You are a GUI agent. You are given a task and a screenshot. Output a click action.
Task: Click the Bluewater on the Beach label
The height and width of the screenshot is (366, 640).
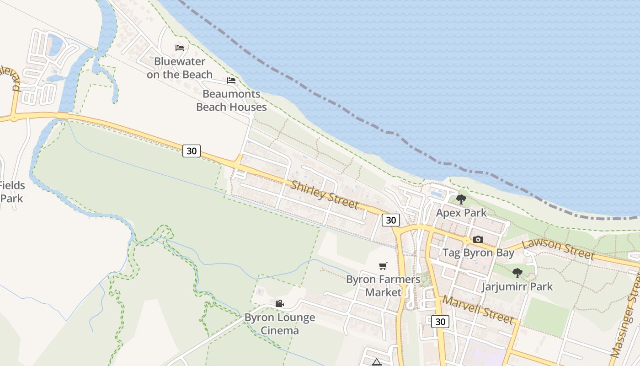tap(180, 68)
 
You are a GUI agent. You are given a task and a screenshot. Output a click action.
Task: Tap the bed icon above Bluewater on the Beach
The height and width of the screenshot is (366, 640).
tap(180, 48)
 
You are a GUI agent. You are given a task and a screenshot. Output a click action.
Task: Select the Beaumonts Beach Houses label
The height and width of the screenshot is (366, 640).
tap(231, 100)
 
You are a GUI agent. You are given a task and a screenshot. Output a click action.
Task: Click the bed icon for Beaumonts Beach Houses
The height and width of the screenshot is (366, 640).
tap(231, 81)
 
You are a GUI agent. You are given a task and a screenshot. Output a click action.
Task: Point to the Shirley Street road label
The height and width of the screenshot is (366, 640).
tap(324, 194)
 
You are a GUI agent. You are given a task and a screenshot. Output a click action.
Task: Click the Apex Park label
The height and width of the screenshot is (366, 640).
tap(461, 213)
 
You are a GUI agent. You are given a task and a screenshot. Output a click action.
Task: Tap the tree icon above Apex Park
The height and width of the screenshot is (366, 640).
tap(461, 199)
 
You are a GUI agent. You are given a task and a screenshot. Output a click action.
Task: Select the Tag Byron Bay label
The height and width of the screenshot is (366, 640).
tap(478, 253)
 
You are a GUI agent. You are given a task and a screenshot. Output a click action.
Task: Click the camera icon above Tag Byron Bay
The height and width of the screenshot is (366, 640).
tap(478, 239)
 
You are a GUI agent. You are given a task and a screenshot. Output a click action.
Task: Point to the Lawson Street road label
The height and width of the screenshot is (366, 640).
tap(558, 248)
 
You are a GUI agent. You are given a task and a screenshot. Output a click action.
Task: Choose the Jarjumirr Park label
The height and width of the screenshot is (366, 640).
tap(517, 287)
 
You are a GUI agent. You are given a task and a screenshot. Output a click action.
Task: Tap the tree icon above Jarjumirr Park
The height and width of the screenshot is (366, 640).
tap(517, 273)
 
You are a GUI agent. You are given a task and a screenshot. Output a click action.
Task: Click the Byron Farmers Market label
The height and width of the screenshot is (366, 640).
tap(383, 285)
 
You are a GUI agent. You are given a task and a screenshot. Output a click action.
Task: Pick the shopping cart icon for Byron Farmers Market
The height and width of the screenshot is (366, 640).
tap(383, 266)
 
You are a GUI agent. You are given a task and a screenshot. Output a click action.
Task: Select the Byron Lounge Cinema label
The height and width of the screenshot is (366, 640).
tap(280, 324)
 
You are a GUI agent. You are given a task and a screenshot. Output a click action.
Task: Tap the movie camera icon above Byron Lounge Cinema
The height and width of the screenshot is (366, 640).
tap(280, 303)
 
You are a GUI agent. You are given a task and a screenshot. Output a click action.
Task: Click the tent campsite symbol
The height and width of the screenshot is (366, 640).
tap(377, 362)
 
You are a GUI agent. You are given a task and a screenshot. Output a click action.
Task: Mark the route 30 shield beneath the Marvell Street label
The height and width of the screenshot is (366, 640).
tap(440, 322)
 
